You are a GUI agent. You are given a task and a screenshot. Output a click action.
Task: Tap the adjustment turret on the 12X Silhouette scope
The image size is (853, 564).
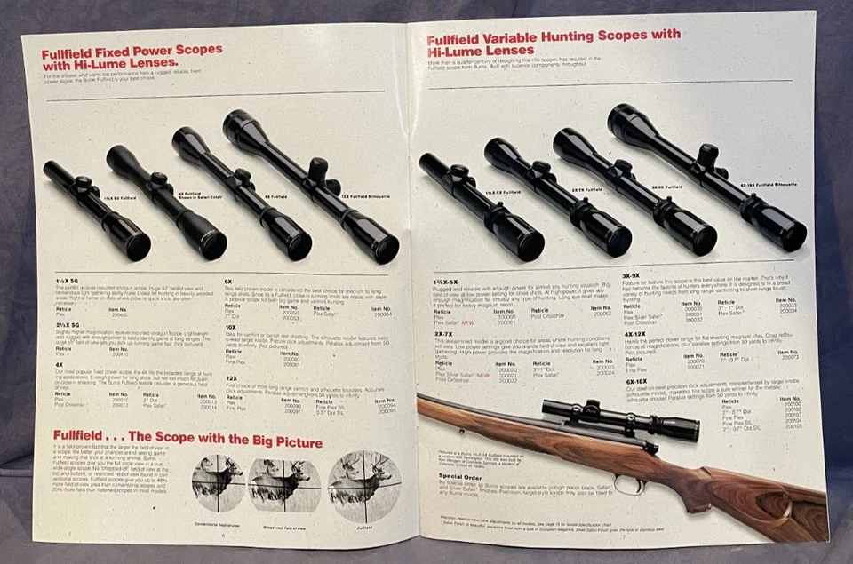(x=318, y=170)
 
